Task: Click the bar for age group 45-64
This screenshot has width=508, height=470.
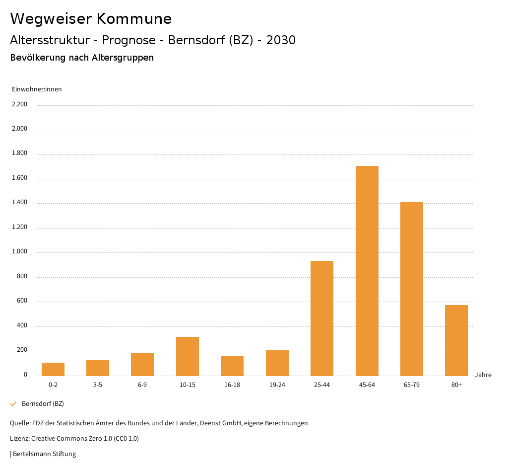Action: pos(367,271)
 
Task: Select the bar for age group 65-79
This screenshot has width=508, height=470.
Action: pos(411,289)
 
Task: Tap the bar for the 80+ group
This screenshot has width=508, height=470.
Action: pos(456,340)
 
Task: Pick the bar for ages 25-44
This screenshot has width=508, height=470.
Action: pos(321,318)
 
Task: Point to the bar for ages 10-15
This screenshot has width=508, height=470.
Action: pos(187,356)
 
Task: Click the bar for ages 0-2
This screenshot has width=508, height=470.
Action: pos(53,369)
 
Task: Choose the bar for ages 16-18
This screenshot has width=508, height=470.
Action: pos(232,366)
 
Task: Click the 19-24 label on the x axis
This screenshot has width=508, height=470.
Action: pos(277,385)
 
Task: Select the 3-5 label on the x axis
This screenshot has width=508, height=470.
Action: pos(97,385)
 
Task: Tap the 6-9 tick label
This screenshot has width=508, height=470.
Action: pos(142,385)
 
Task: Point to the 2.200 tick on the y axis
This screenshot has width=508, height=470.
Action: pos(19,104)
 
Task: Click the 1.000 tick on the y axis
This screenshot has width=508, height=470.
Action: pos(19,252)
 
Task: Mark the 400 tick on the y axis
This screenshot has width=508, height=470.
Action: pos(22,326)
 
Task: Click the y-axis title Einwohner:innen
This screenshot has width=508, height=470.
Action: pos(37,89)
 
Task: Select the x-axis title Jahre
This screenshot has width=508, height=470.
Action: pos(483,375)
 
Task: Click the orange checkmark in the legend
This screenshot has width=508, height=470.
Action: pos(13,404)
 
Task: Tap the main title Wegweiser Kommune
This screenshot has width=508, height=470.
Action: pos(91,19)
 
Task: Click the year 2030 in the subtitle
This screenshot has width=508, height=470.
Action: pos(281,40)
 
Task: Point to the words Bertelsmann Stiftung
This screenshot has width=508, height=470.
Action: pos(44,454)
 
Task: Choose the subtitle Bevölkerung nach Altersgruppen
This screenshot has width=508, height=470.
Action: pos(82,58)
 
